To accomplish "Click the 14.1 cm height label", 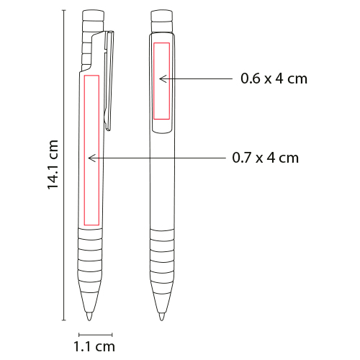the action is [x=53, y=165].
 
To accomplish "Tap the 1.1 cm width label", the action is [x=94, y=347].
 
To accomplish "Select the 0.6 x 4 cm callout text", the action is [x=274, y=78].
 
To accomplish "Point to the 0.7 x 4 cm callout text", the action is [x=266, y=158].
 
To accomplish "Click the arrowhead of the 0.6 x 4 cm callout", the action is [x=163, y=78].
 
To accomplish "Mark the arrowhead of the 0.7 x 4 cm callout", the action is [x=92, y=158].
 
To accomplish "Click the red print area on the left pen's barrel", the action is [x=91, y=150].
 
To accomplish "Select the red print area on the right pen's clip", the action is [x=162, y=81].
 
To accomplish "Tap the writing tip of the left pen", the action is [x=89, y=318].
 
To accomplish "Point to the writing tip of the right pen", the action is [x=161, y=318].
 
